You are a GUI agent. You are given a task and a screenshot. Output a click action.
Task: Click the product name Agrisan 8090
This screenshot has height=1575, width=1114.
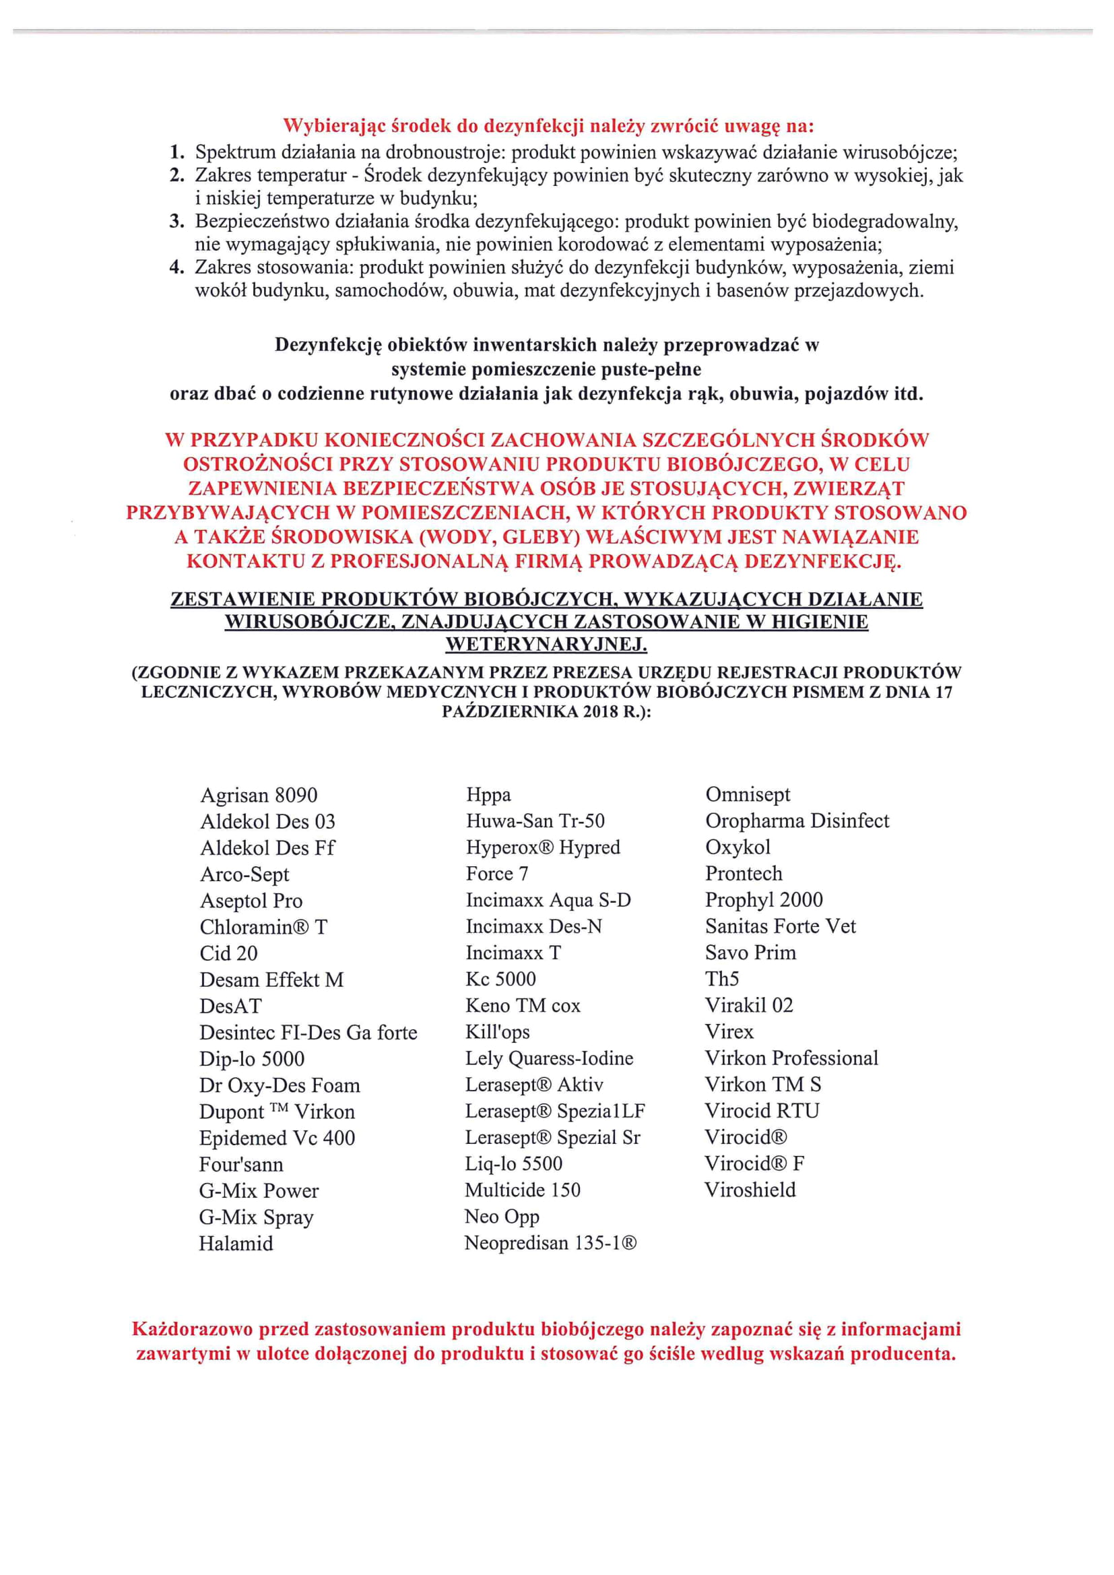point(259,795)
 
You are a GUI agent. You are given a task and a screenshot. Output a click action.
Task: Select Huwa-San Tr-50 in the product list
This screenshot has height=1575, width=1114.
point(535,821)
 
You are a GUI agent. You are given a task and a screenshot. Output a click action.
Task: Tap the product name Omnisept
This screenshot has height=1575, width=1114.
point(748,794)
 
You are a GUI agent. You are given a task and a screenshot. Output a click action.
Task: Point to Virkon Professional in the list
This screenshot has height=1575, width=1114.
point(791,1058)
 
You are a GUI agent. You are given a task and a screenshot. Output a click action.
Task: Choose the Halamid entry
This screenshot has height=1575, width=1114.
point(236,1244)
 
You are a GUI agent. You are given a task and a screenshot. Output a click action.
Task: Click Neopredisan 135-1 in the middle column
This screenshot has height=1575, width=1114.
point(551,1243)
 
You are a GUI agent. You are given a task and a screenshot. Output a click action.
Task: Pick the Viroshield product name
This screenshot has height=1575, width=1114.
point(750,1190)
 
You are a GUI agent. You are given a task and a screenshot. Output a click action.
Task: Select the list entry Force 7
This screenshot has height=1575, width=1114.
point(497,873)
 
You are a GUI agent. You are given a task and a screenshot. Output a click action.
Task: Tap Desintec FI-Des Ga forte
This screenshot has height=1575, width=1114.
point(308,1033)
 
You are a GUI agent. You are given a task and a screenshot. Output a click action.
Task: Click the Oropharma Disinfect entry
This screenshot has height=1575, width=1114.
point(797,821)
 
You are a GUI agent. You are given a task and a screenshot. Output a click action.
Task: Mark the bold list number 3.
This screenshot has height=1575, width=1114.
point(177,222)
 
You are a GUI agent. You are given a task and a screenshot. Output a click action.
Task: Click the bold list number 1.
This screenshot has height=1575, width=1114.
point(177,152)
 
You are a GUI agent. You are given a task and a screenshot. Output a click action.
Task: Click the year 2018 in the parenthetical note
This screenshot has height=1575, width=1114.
point(599,712)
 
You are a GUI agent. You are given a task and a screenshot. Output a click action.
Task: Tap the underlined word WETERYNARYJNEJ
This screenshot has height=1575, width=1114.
point(546,645)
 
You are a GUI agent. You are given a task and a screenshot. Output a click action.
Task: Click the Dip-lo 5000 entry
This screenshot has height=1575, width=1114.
point(252,1058)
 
